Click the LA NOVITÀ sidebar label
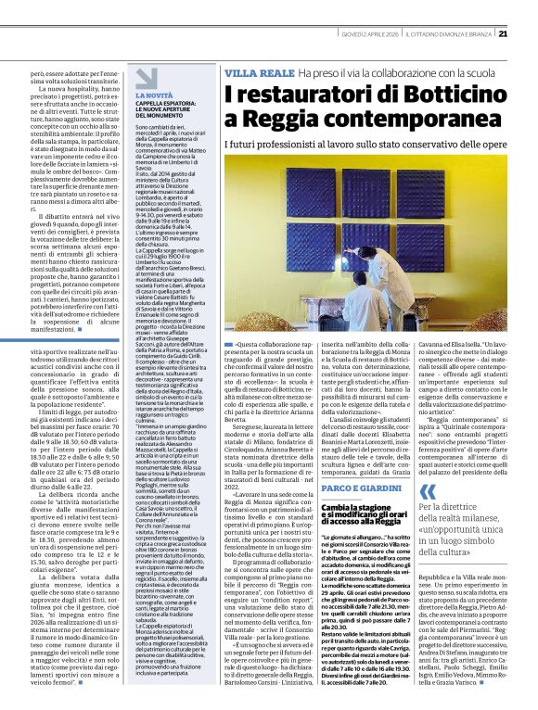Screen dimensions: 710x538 coord(153,95)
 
